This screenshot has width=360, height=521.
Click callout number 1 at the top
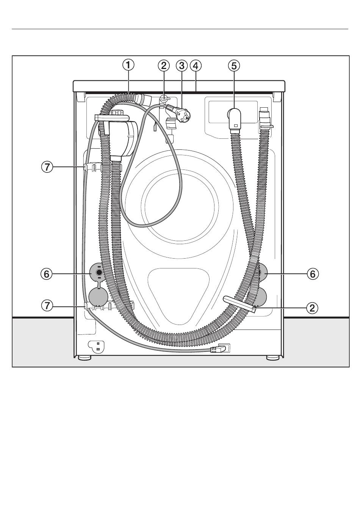coord(128,65)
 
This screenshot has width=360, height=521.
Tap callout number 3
coord(182,66)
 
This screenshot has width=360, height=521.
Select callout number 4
coord(196,66)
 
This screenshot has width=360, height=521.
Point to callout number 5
coord(234,66)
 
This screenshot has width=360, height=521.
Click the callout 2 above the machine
coord(164,66)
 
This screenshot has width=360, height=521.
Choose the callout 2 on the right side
coord(312,308)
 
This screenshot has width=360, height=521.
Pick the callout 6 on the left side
coord(47,274)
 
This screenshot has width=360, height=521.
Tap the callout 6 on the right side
coord(313,274)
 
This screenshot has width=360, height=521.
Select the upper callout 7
coord(47,167)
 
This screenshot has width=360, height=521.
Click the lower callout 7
coord(47,305)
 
